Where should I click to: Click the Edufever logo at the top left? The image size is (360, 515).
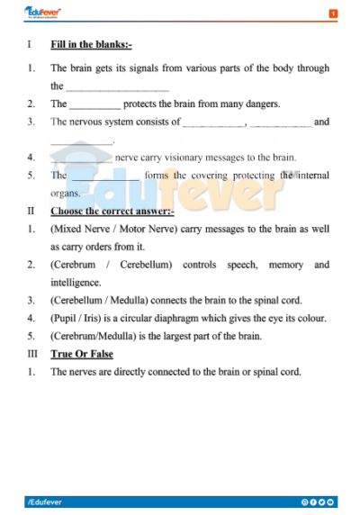click(x=41, y=12)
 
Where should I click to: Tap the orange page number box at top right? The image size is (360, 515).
click(x=333, y=14)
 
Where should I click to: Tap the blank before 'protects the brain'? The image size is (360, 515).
click(x=94, y=104)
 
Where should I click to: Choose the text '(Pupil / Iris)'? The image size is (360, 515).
click(x=76, y=318)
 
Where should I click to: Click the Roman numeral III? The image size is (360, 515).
click(x=31, y=354)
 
